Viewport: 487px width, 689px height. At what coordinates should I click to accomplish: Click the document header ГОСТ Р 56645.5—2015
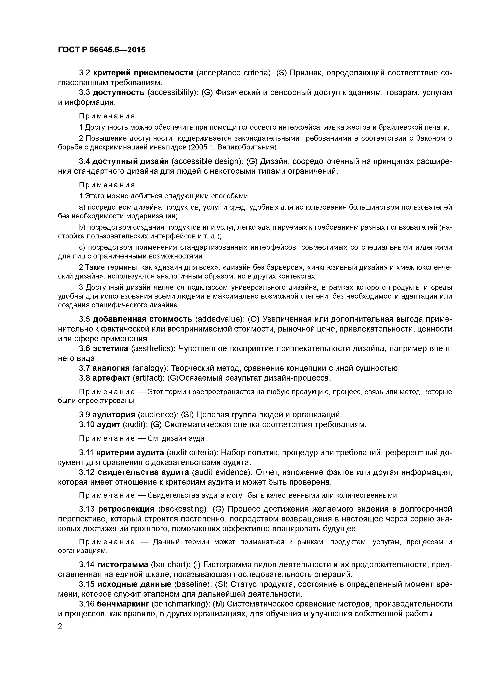[101, 49]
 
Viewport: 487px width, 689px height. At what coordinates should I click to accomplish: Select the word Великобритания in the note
[246, 147]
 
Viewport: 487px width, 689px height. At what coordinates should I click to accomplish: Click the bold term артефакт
[111, 378]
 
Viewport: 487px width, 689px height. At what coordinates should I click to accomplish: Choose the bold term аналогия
[111, 368]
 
